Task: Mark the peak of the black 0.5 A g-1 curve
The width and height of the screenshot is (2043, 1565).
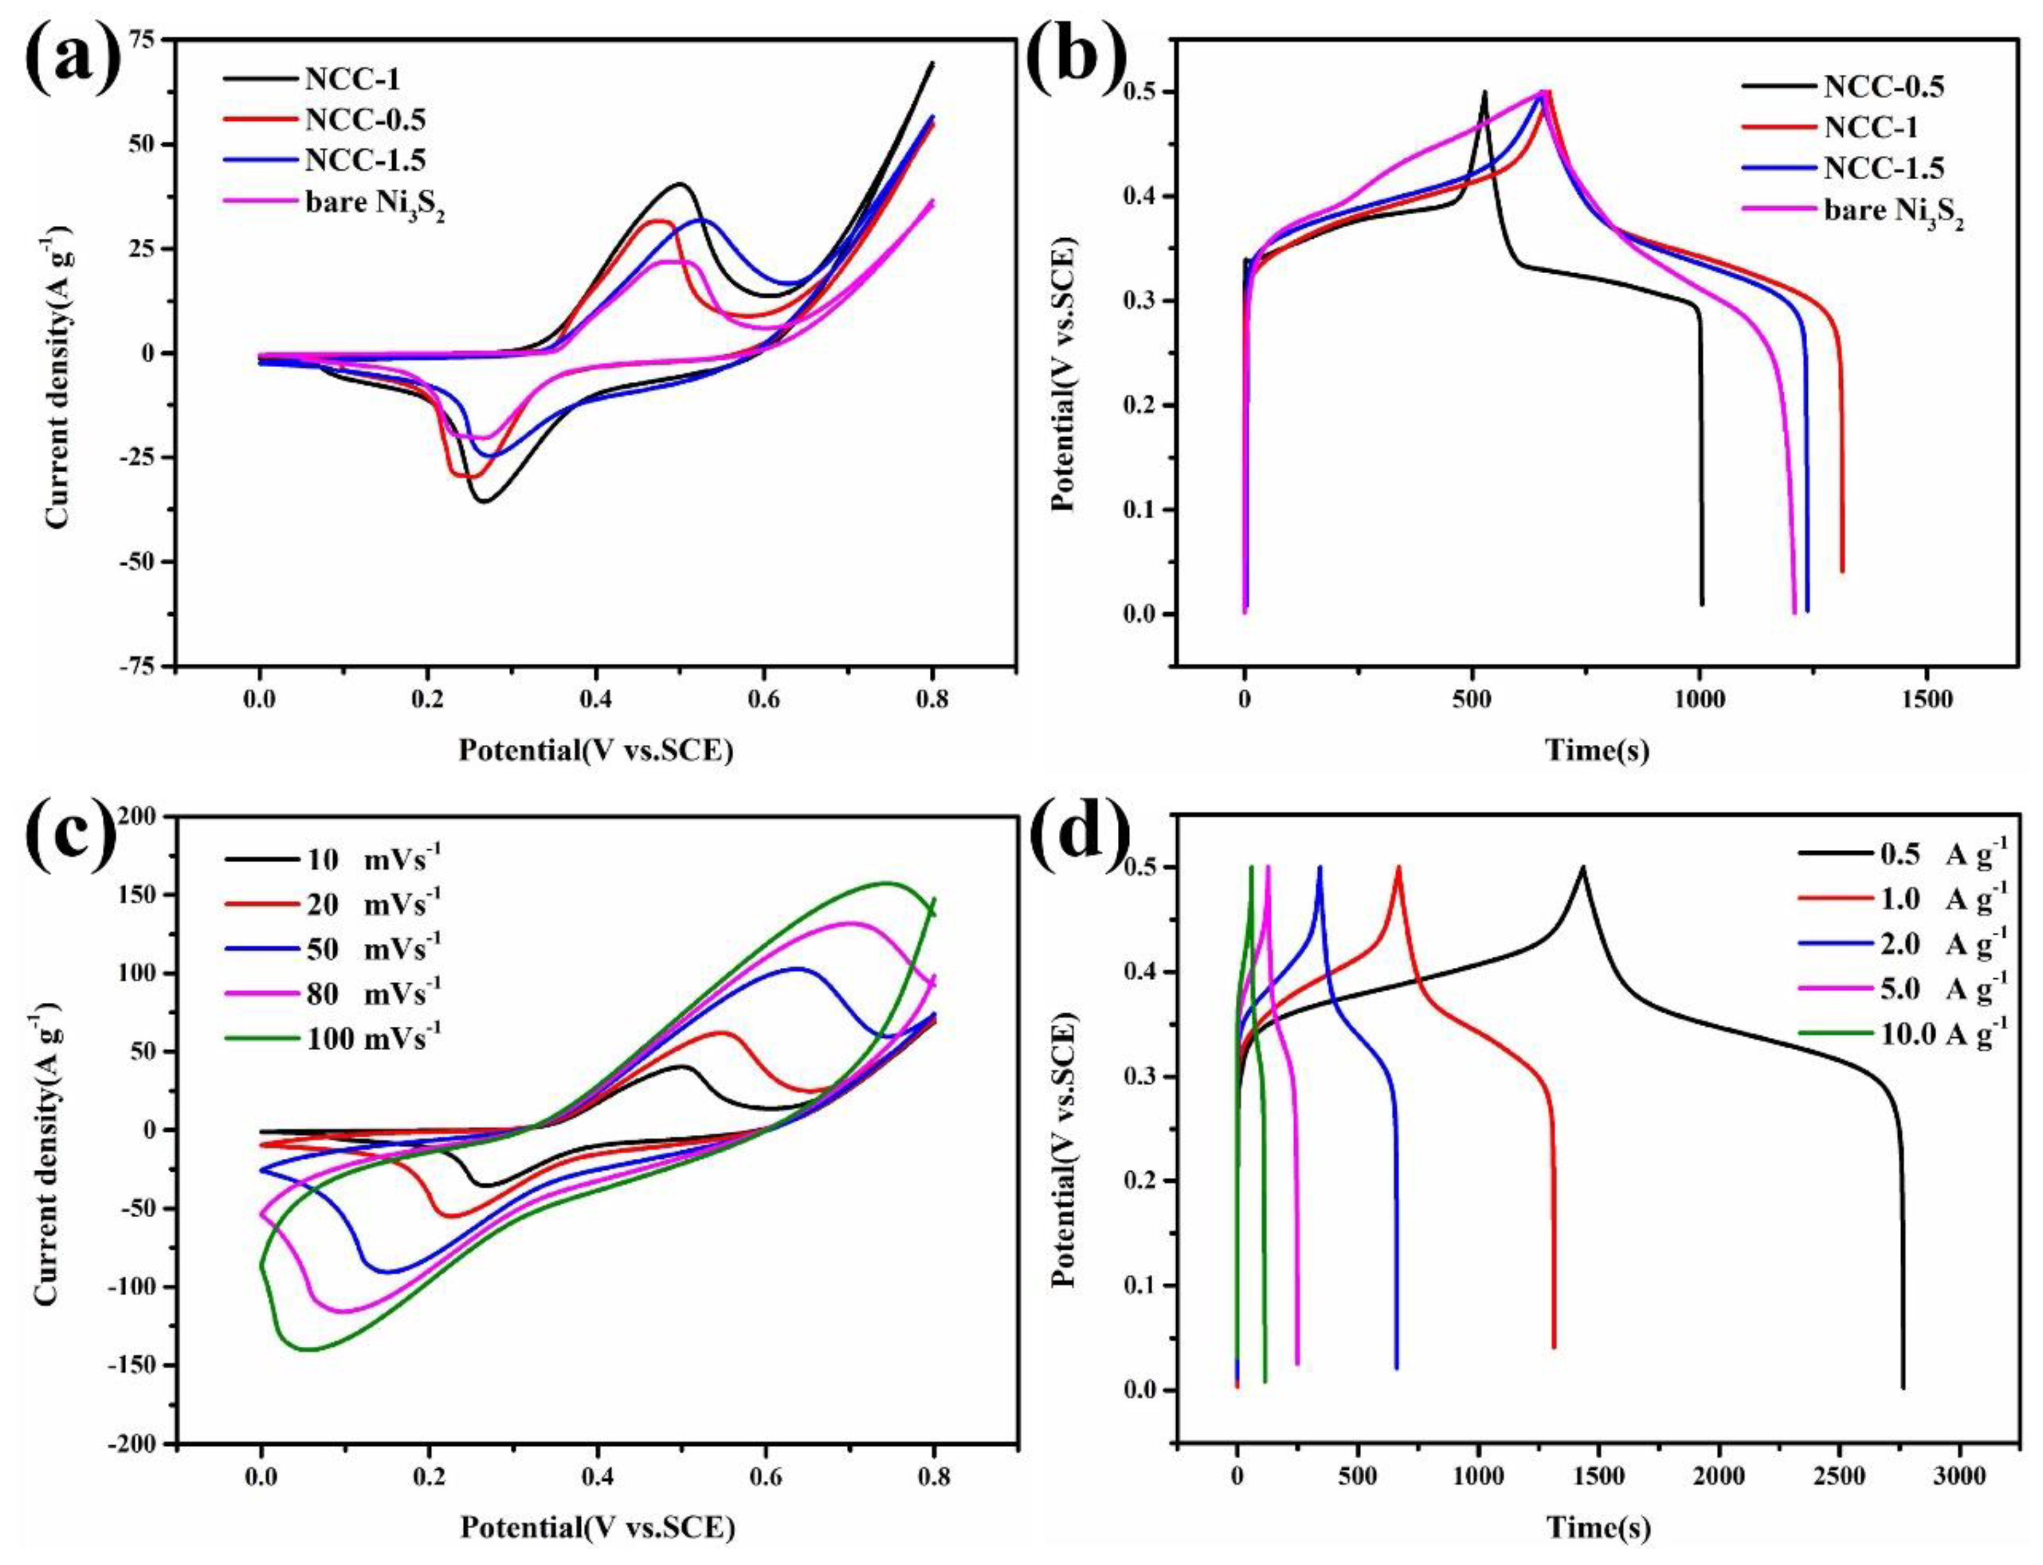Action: coord(1582,867)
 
